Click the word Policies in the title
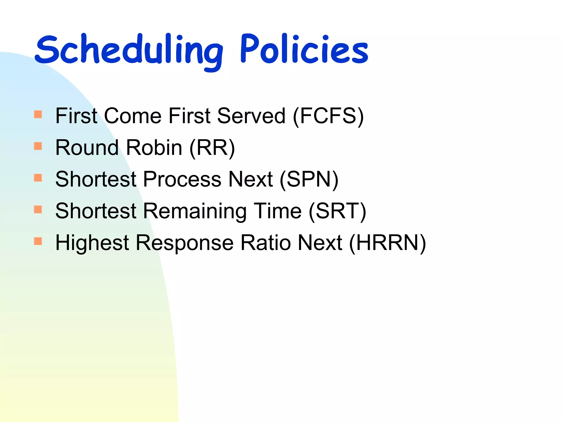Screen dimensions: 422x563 (304, 49)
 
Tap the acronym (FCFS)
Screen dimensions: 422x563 (329, 116)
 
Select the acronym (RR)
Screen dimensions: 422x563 (212, 148)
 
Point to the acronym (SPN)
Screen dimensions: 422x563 (309, 179)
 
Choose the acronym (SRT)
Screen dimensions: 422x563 (337, 211)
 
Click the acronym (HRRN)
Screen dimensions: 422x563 (387, 243)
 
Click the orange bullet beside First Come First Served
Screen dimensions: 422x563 (38, 114)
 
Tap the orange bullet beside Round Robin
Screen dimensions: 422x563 (38, 146)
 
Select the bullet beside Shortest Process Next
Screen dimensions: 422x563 (38, 178)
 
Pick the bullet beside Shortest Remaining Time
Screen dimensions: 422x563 (38, 210)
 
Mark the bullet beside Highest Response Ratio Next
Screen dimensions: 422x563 (38, 241)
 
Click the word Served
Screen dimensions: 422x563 (251, 116)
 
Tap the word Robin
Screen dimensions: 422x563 (154, 148)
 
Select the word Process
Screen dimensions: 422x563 (182, 179)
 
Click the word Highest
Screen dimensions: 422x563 (92, 243)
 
